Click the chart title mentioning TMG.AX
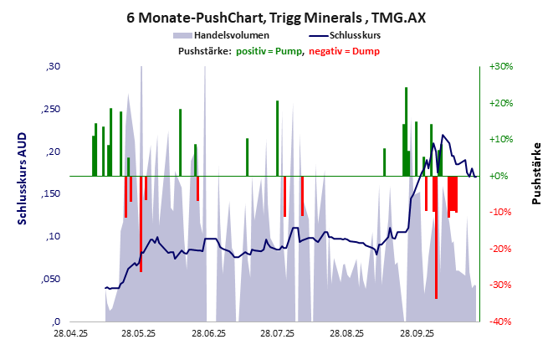pyautogui.click(x=276, y=17)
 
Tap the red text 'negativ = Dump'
pyautogui.click(x=344, y=52)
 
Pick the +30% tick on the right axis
pyautogui.click(x=500, y=66)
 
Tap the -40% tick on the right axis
pyautogui.click(x=500, y=321)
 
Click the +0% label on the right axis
pyautogui.click(x=500, y=176)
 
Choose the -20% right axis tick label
pyautogui.click(x=500, y=249)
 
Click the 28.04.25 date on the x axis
pyautogui.click(x=71, y=332)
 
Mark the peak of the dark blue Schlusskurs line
pyautogui.click(x=443, y=136)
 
